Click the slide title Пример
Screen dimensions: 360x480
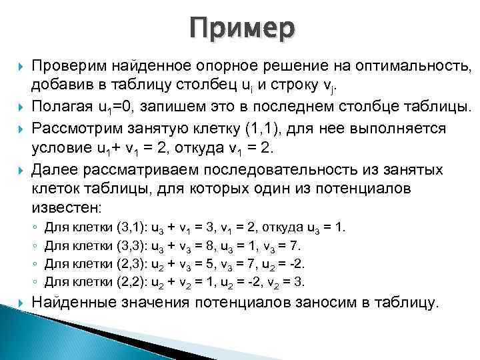pyautogui.click(x=241, y=28)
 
